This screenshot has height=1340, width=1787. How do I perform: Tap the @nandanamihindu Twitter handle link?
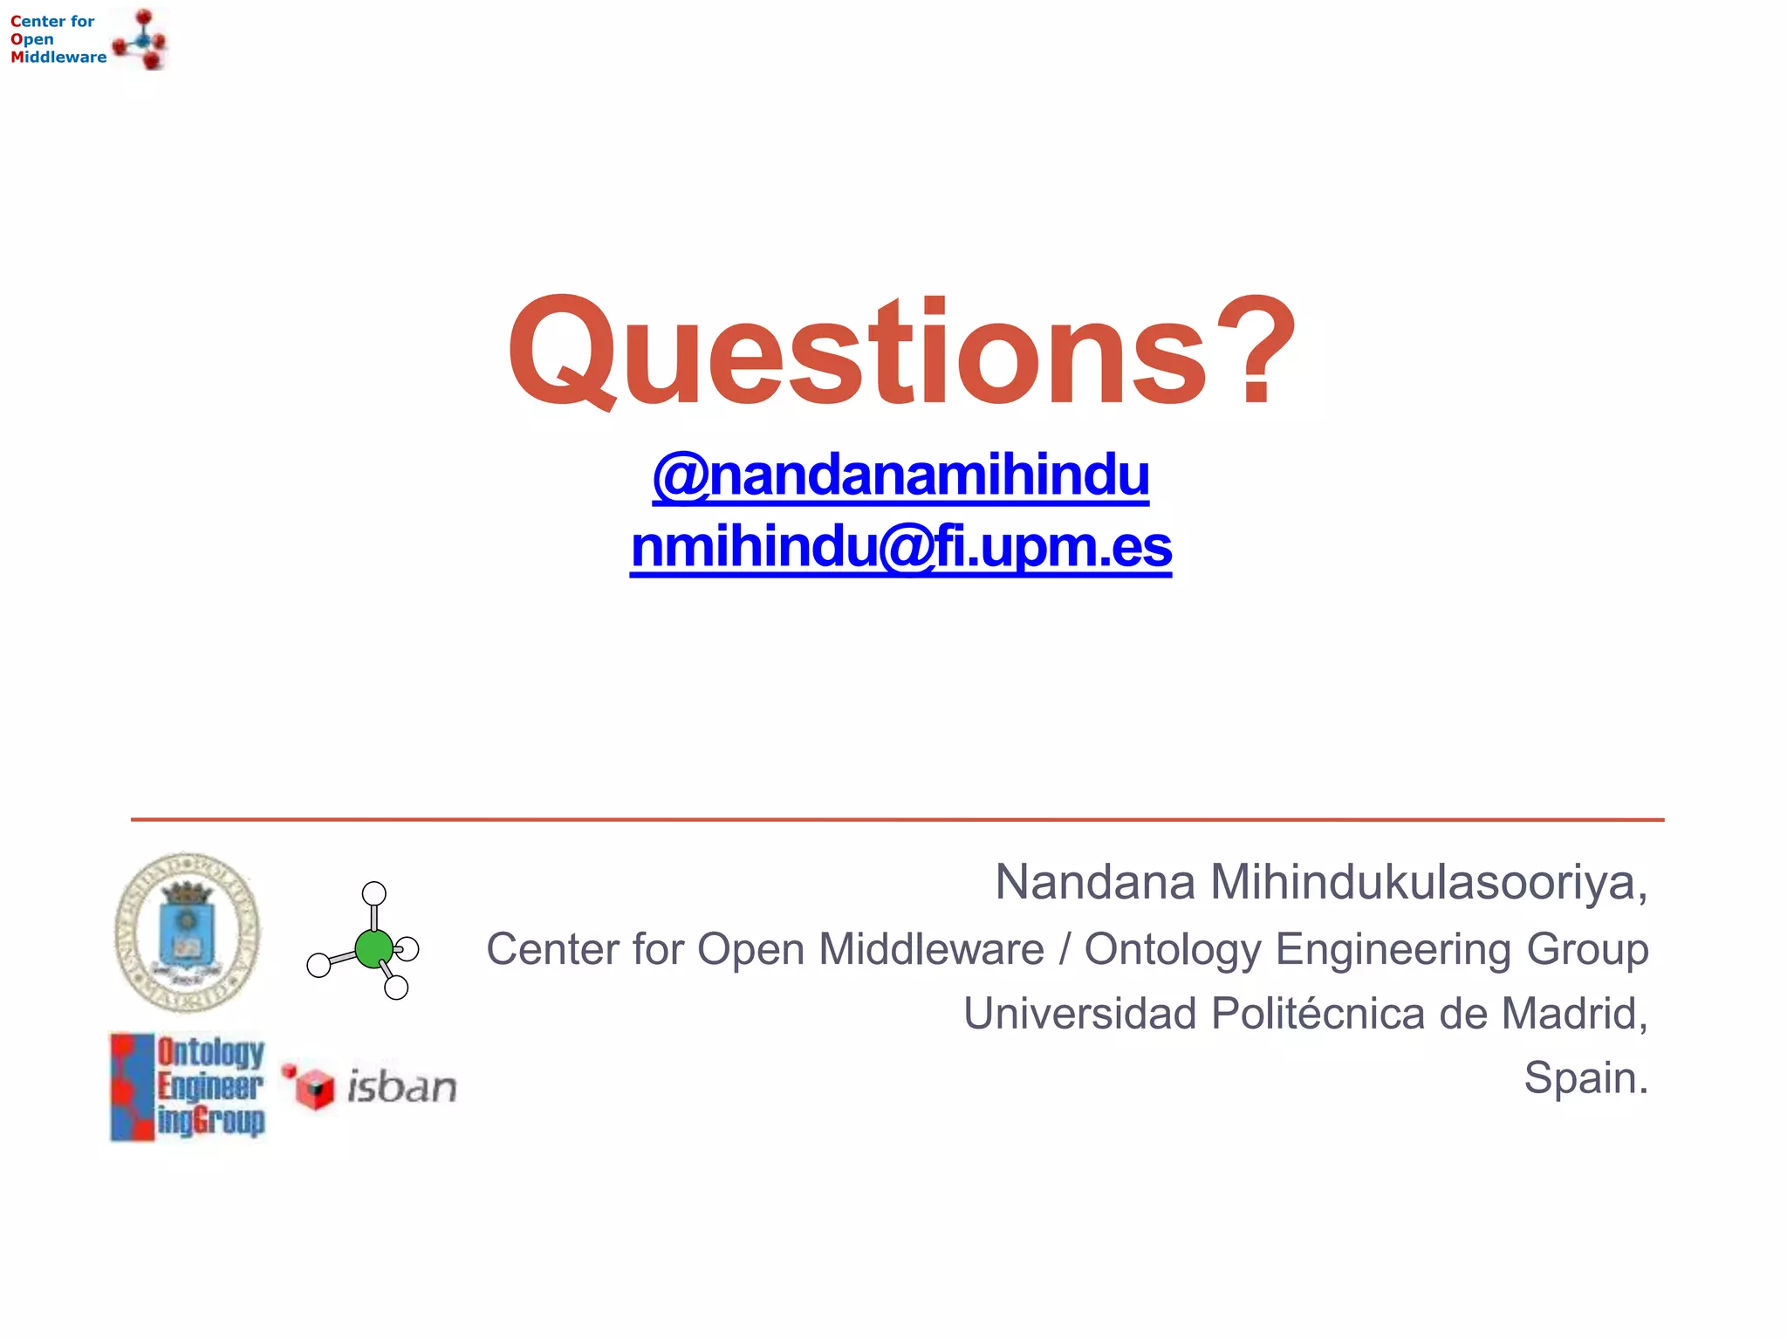click(900, 475)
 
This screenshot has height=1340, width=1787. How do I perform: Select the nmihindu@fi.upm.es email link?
click(900, 548)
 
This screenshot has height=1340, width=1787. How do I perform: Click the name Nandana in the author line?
click(1094, 882)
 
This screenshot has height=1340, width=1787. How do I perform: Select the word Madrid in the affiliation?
click(1571, 1014)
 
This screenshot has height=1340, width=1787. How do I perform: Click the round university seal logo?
click(188, 933)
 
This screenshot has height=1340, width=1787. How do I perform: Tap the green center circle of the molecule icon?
click(374, 948)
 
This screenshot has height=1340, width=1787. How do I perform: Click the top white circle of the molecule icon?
click(374, 893)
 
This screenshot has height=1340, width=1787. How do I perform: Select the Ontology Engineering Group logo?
click(188, 1087)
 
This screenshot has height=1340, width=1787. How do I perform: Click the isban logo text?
click(401, 1087)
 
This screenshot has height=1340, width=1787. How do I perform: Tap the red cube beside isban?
click(314, 1088)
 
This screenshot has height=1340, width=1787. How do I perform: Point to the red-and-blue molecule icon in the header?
click(140, 40)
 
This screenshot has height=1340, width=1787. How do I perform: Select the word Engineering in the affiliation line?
click(1393, 949)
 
